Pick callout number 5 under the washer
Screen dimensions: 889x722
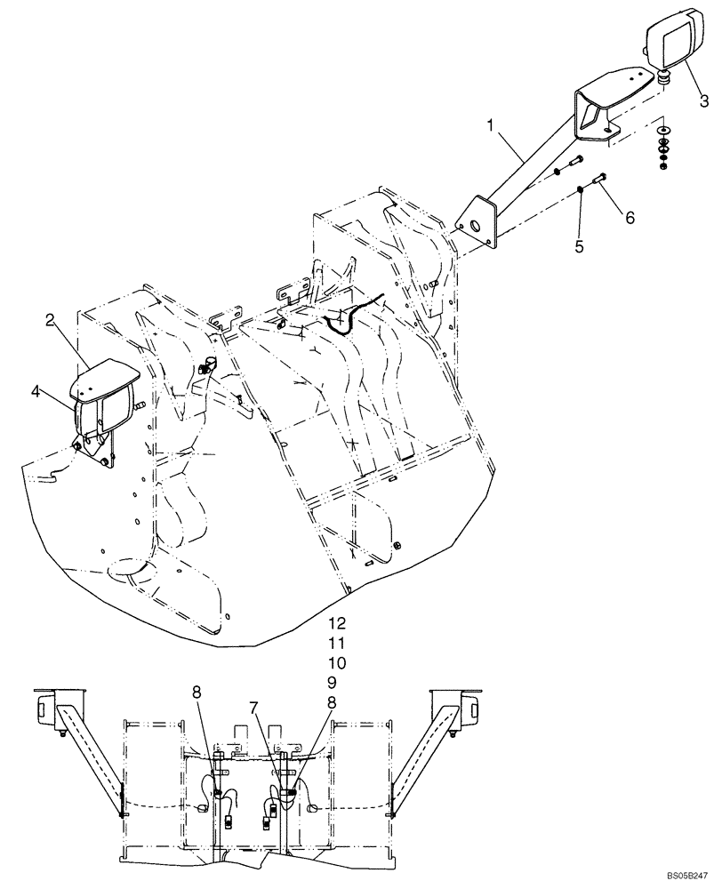(x=579, y=245)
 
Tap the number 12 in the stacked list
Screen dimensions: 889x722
(x=335, y=621)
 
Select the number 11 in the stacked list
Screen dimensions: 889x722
(x=335, y=642)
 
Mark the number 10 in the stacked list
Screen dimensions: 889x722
(x=335, y=663)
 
